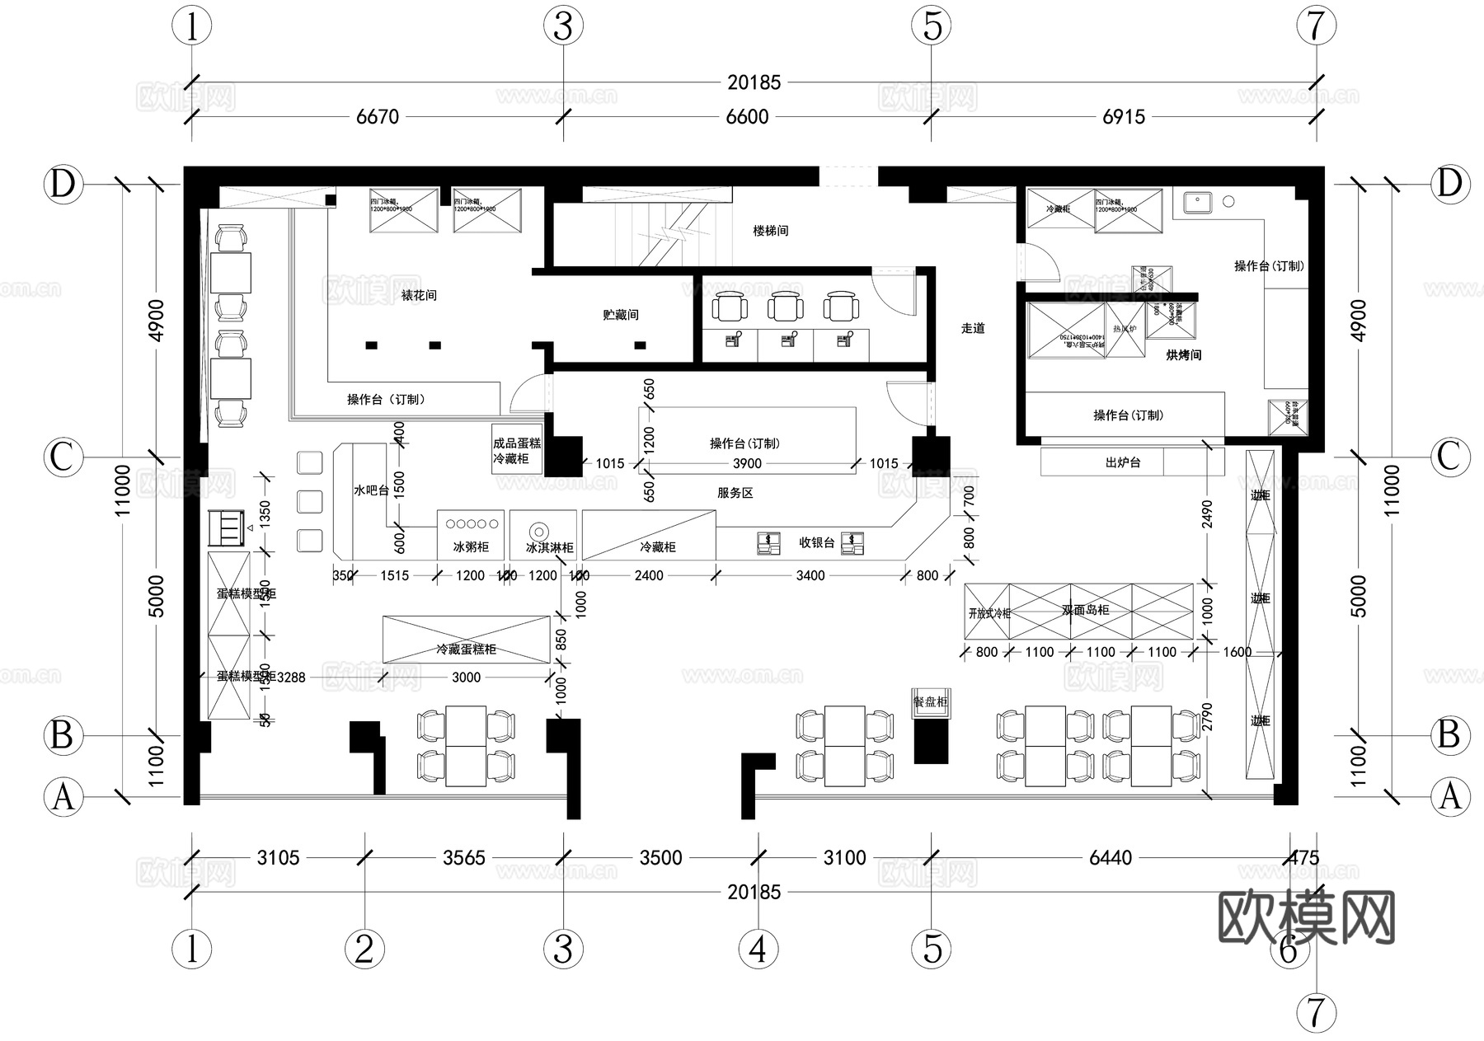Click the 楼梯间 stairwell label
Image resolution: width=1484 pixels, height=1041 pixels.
tap(771, 231)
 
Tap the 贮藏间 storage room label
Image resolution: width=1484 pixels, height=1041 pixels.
tap(621, 315)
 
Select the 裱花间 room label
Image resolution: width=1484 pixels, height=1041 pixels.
tap(419, 294)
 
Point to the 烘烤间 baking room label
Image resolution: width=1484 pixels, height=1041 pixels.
tap(1184, 355)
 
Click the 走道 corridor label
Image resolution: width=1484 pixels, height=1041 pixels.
tap(973, 328)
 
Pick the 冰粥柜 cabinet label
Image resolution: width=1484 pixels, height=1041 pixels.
tap(471, 547)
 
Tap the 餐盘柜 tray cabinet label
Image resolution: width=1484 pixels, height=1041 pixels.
tap(931, 701)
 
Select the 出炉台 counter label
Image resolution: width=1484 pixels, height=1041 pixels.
tap(1123, 462)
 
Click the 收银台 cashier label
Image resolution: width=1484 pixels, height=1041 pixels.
tap(817, 542)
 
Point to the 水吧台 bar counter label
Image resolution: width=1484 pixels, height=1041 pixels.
tap(371, 490)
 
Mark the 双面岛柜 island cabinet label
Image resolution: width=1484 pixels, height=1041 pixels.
tap(1085, 610)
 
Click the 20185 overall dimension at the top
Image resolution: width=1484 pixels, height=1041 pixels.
tap(754, 82)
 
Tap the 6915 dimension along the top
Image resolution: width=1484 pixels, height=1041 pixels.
tap(1124, 117)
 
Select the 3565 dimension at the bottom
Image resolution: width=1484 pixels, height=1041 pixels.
tap(463, 858)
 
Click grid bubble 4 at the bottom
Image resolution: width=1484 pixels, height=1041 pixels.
tap(758, 950)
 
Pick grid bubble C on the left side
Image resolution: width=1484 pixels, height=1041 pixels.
tap(63, 457)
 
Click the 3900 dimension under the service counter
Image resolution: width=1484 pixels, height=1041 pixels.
tap(747, 464)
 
